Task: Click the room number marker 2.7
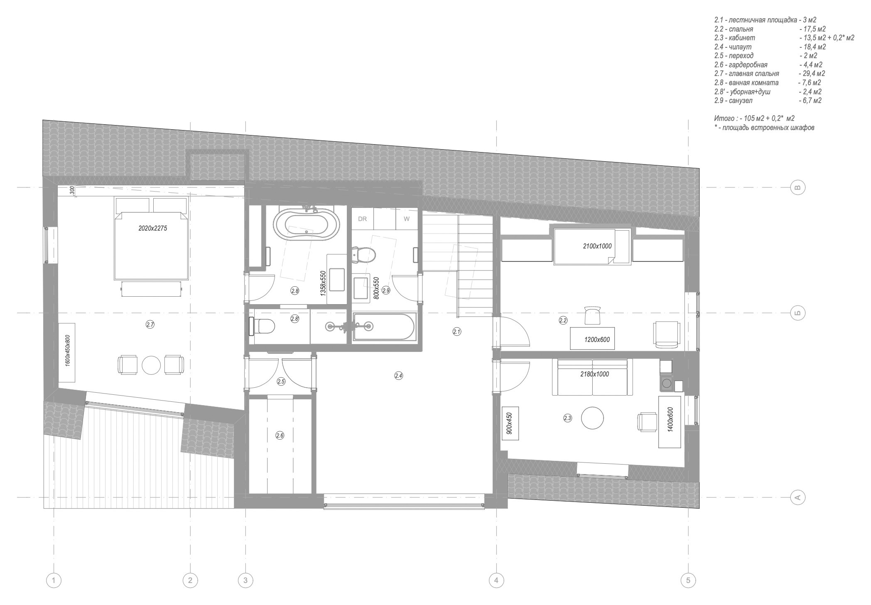[150, 325]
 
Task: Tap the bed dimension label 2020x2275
[152, 228]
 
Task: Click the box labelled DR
[362, 219]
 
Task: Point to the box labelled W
[407, 219]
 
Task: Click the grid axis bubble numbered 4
[496, 580]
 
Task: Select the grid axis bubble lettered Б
[797, 312]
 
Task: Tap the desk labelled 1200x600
[596, 339]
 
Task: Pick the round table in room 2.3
[592, 418]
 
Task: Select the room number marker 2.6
[280, 435]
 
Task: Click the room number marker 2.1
[457, 332]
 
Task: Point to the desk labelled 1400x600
[670, 422]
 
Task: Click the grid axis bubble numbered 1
[54, 580]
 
